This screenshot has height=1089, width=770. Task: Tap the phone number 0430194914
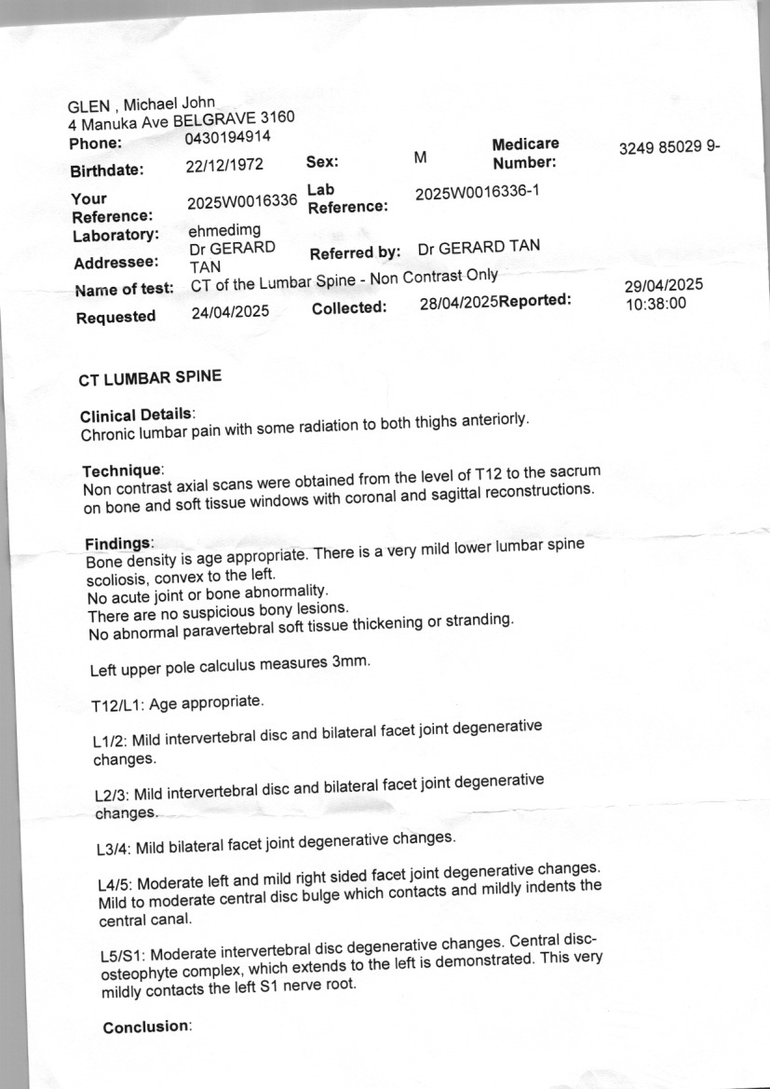228,138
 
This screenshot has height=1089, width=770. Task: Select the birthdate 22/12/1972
224,166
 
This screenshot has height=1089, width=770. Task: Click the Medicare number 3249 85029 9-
669,148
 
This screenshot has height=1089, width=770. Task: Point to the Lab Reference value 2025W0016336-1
477,193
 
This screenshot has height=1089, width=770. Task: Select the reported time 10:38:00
655,303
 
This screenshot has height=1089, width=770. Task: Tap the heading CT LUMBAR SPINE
151,376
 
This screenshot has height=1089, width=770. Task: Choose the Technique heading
123,471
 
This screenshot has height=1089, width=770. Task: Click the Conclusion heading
145,1027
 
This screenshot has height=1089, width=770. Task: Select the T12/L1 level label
118,706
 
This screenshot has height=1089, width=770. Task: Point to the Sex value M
420,158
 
